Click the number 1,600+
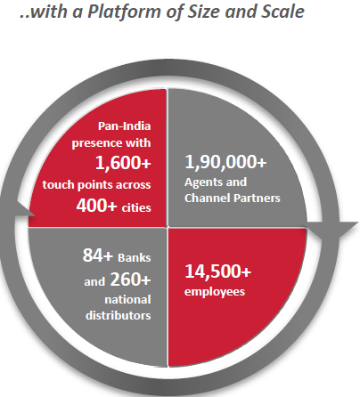(123, 163)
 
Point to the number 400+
(96, 205)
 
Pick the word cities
(136, 207)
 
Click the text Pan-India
(125, 126)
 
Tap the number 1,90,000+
(225, 162)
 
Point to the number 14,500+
(218, 271)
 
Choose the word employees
(215, 292)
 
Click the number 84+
(98, 255)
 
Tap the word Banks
(135, 257)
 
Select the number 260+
(130, 280)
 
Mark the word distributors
(119, 315)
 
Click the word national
(127, 300)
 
